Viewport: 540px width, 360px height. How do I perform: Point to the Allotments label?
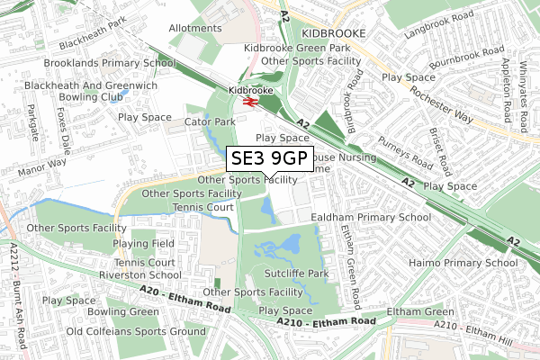[194, 28]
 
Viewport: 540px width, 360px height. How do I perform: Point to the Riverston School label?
[140, 276]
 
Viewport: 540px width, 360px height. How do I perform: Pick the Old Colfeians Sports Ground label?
[130, 330]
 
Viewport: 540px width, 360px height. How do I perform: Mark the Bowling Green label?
[124, 311]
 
